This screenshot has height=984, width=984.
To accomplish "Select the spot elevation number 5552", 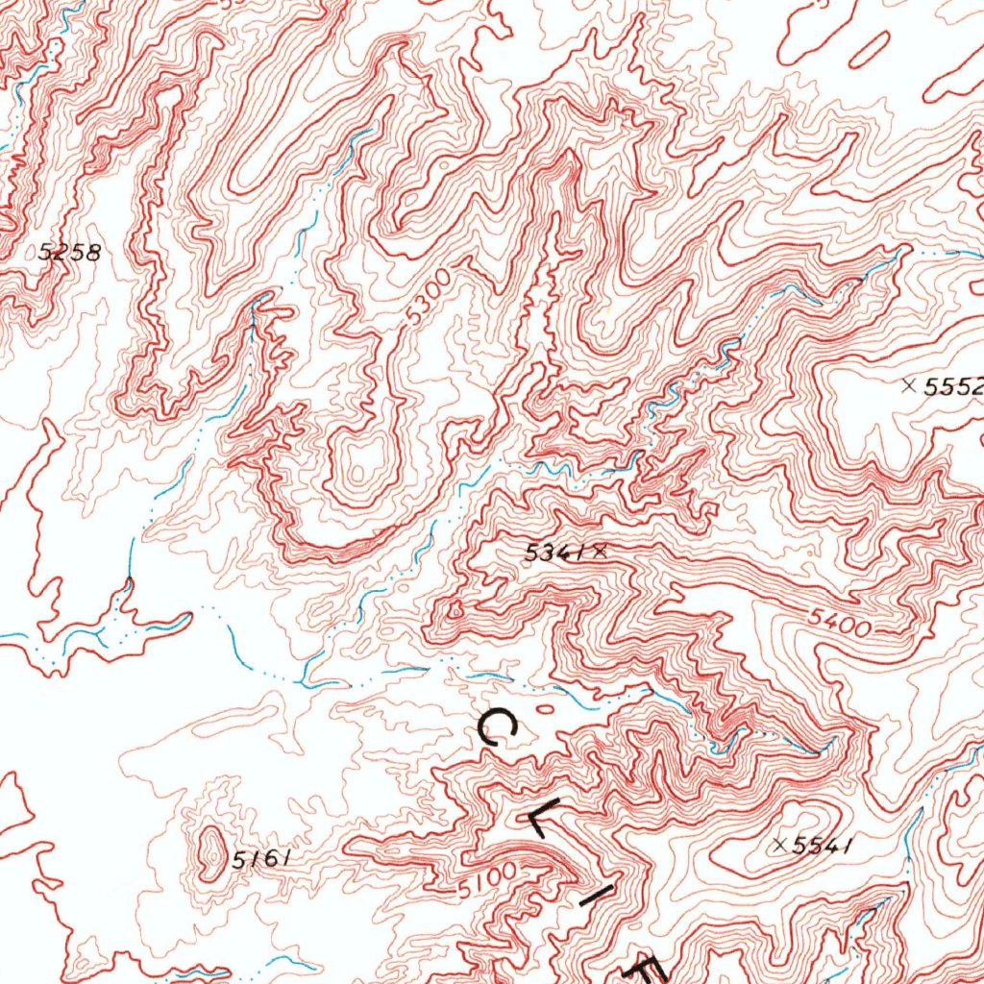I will [952, 387].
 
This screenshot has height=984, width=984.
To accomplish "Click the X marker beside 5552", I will [909, 385].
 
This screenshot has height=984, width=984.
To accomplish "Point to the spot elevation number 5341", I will [556, 553].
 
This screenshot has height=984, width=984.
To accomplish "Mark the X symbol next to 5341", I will [601, 552].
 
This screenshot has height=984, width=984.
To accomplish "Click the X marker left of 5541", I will [781, 845].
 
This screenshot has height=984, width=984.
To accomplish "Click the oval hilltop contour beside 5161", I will [208, 851].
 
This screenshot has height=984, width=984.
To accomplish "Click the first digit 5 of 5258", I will [44, 254].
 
